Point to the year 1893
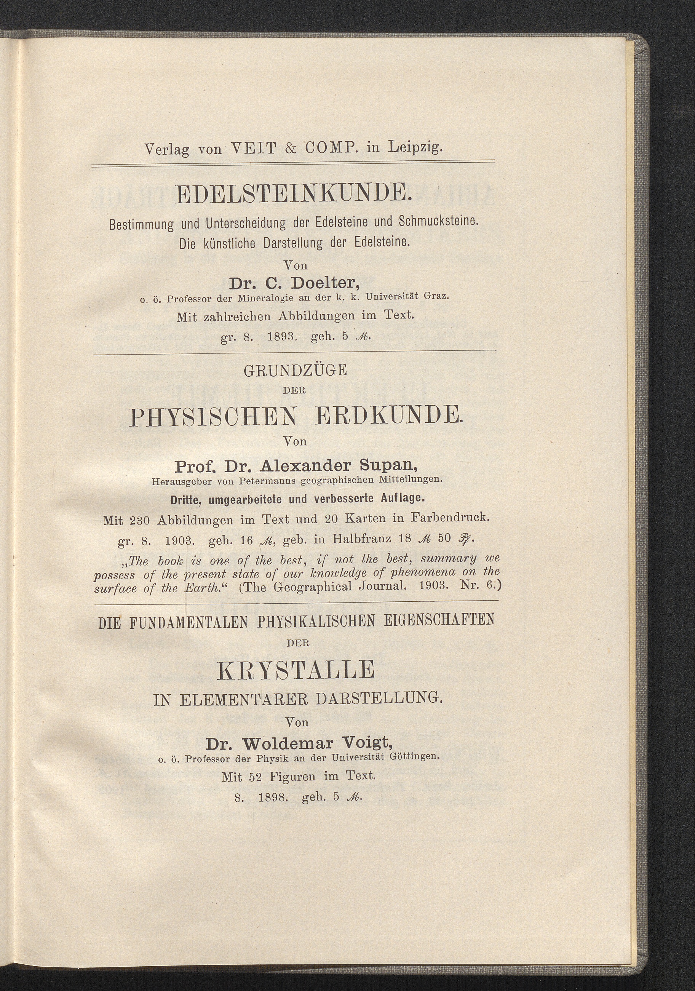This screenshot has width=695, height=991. click(x=282, y=337)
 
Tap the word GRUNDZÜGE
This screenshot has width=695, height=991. click(x=295, y=371)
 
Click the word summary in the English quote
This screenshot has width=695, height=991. click(x=453, y=559)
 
